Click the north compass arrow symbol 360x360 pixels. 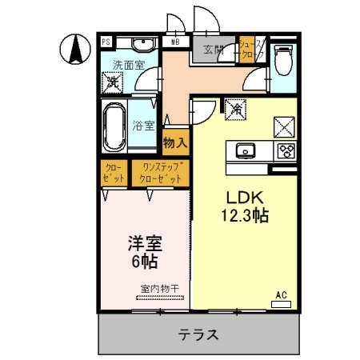tap(74, 50)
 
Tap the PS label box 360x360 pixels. tap(106, 42)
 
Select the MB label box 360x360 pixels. tap(175, 42)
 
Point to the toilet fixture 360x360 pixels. tap(283, 59)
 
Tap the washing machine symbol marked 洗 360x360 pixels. tap(114, 82)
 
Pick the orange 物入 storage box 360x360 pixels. tap(175, 142)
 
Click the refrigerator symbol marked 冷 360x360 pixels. tap(237, 106)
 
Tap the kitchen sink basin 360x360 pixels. tap(245, 150)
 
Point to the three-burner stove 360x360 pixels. tap(286, 150)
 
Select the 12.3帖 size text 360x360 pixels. tap(244, 216)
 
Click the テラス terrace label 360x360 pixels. tap(198, 334)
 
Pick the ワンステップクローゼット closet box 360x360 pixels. tap(162, 173)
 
